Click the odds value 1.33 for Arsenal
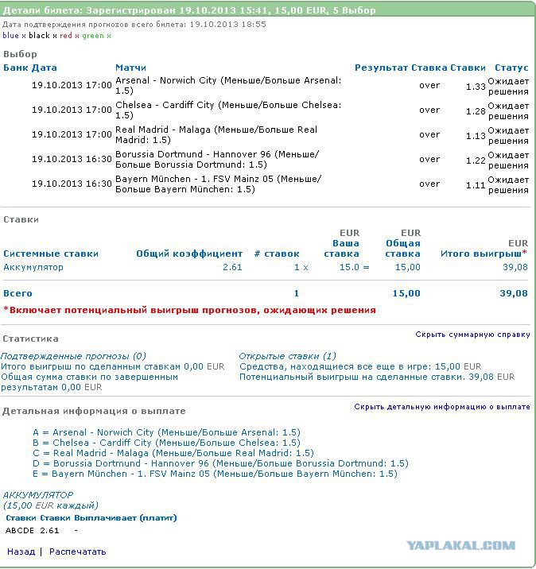(475, 86)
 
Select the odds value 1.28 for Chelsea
(475, 110)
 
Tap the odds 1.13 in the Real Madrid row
(475, 135)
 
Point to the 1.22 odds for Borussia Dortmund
(475, 160)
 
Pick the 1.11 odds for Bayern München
(475, 184)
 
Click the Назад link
(21, 552)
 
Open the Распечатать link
(77, 552)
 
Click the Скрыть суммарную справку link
(472, 335)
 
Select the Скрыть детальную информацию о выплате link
(441, 407)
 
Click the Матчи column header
(130, 68)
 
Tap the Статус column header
(511, 68)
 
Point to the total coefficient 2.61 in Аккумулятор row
(232, 267)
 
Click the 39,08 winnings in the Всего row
(513, 293)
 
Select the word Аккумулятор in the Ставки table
(33, 267)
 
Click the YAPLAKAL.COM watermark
(460, 545)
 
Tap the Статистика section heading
(30, 339)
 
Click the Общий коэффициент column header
(189, 254)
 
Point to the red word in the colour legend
(65, 36)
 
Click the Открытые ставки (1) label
(287, 356)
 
